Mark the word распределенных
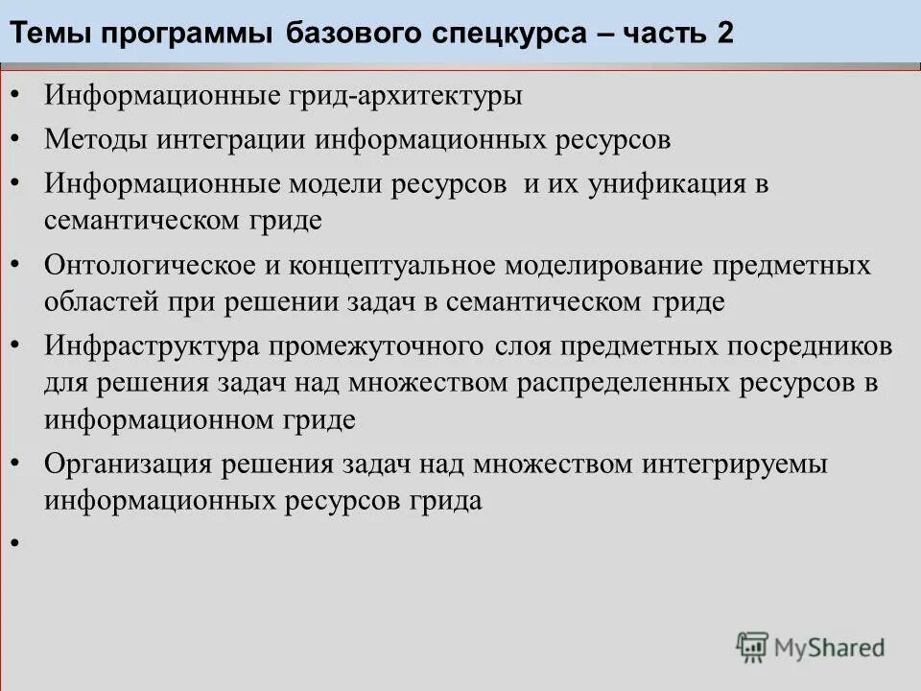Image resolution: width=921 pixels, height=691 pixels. [x=627, y=383]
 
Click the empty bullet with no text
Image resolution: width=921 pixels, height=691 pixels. [x=15, y=543]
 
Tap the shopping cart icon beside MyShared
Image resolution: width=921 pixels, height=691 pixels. [x=752, y=648]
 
